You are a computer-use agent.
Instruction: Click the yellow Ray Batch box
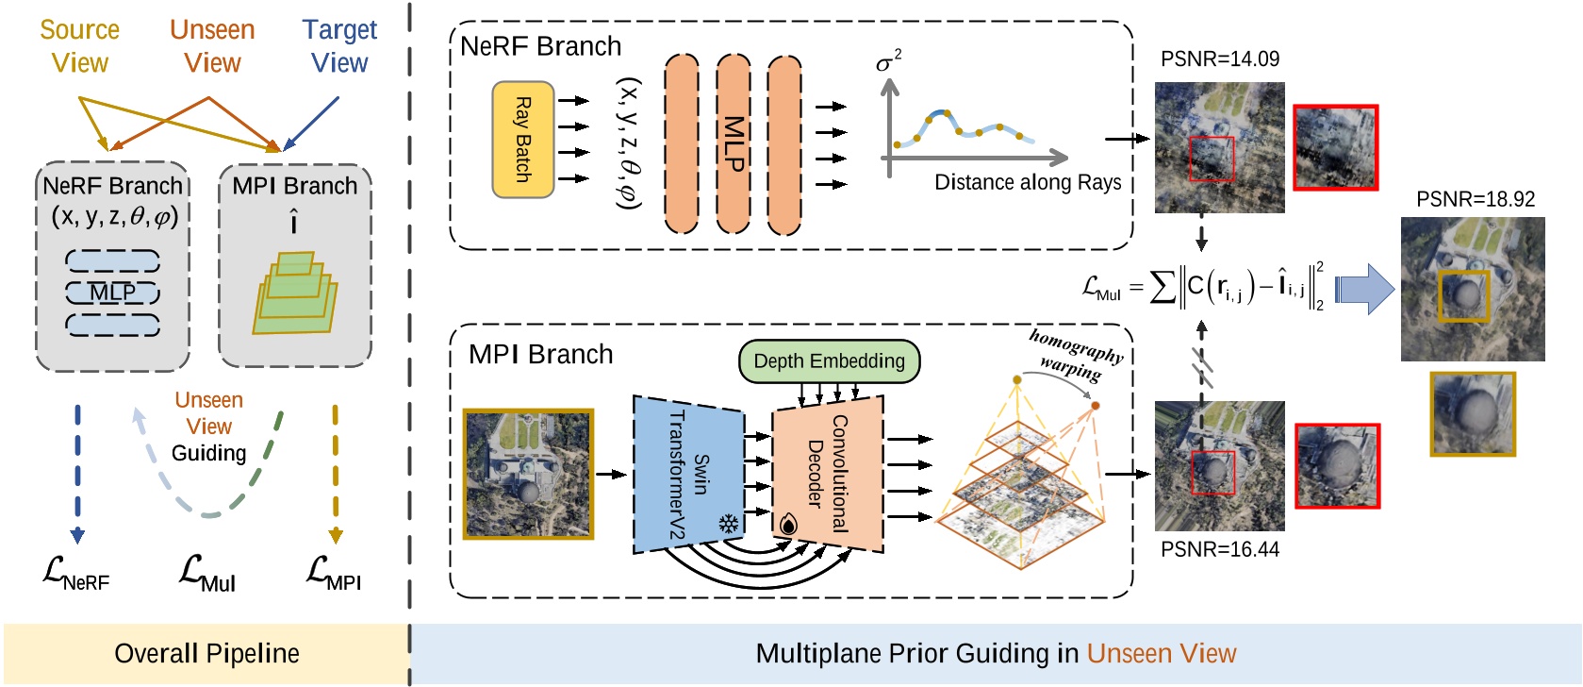coord(522,140)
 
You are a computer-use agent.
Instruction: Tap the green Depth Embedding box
coord(829,361)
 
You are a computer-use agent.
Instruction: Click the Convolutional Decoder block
coord(827,474)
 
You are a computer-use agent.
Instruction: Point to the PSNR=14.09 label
coord(1219,59)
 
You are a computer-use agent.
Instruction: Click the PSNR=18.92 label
coord(1475,200)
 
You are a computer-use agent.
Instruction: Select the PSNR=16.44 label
coord(1219,549)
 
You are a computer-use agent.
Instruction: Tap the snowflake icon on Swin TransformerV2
coord(728,524)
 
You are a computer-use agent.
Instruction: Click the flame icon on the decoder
coord(788,524)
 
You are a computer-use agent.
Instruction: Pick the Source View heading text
coord(80,46)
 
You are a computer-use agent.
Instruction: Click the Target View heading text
coord(339,46)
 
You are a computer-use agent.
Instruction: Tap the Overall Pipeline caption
coord(206,654)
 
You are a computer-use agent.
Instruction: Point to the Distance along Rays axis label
coord(1027,182)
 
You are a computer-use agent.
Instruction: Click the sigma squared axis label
coord(887,62)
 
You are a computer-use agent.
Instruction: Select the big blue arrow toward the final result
coord(1364,289)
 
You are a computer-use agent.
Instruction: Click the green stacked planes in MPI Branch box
coord(294,293)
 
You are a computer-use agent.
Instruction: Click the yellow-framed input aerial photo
coord(528,474)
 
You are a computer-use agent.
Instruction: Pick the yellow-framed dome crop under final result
coord(1472,413)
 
